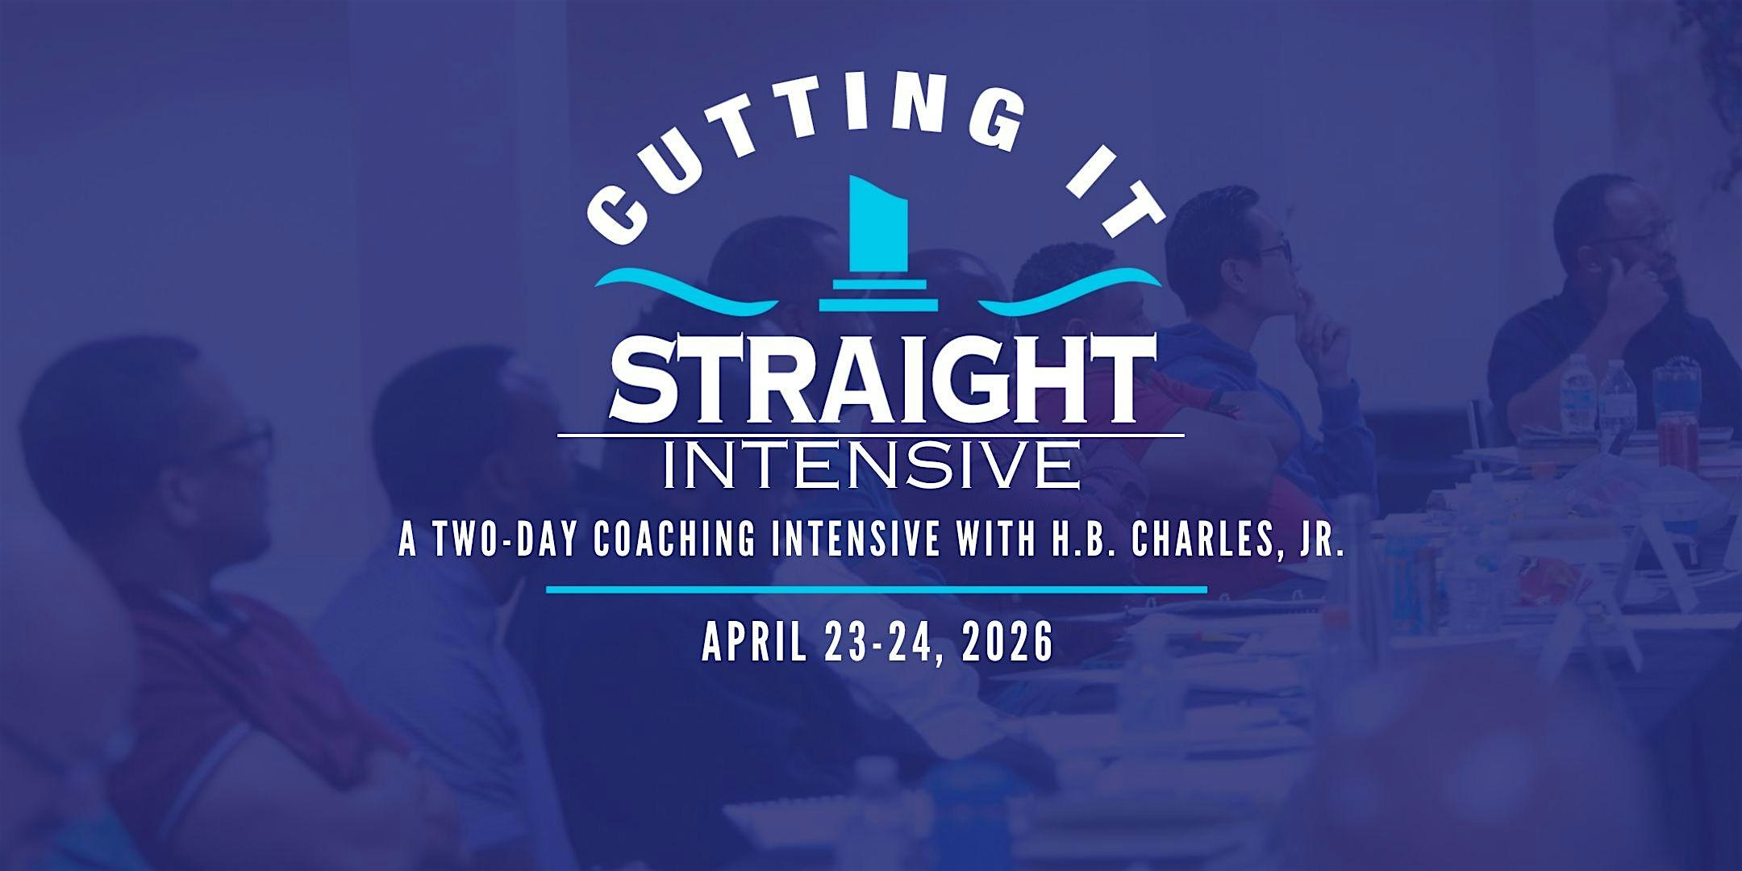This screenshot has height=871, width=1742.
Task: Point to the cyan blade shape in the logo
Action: click(879, 226)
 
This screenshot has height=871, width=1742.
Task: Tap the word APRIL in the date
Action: click(753, 644)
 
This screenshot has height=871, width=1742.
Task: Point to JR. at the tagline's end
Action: click(1319, 543)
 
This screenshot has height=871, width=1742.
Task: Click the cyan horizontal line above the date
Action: click(876, 590)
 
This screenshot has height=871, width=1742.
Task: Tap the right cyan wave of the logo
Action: click(1073, 290)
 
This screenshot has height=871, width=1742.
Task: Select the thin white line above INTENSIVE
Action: click(871, 435)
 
